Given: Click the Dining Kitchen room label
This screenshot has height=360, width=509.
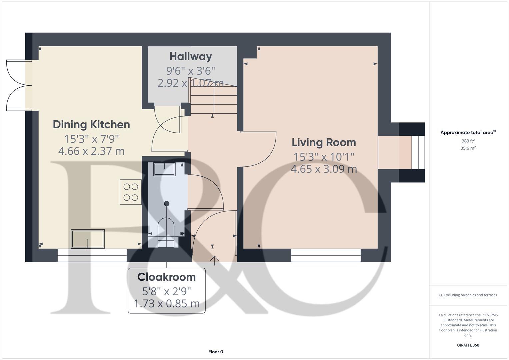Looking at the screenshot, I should [91, 124].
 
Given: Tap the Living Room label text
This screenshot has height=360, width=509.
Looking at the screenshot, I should [324, 142].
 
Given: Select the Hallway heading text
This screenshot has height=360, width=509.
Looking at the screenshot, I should [191, 56].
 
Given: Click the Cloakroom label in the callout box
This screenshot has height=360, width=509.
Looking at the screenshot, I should [166, 277].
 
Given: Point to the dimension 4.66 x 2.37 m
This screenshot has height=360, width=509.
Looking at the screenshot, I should [91, 151].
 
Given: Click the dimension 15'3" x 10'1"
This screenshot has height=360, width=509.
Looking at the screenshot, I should [324, 156].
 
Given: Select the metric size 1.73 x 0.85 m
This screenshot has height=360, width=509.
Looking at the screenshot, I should [166, 304].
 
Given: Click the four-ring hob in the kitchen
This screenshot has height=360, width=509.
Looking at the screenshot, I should [131, 192].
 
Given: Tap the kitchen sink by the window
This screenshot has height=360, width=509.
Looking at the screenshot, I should [88, 239].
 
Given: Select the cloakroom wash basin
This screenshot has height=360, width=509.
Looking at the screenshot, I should [164, 169].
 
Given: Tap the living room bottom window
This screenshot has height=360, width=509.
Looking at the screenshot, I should [326, 255].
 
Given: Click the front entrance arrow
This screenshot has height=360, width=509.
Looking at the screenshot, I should [214, 260].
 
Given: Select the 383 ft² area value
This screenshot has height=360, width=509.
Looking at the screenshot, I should [468, 141].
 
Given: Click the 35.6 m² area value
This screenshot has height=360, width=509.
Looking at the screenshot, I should [468, 148].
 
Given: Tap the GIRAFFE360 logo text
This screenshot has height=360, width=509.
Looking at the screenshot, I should [468, 345].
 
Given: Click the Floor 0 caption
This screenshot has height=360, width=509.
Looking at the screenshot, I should [215, 352].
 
